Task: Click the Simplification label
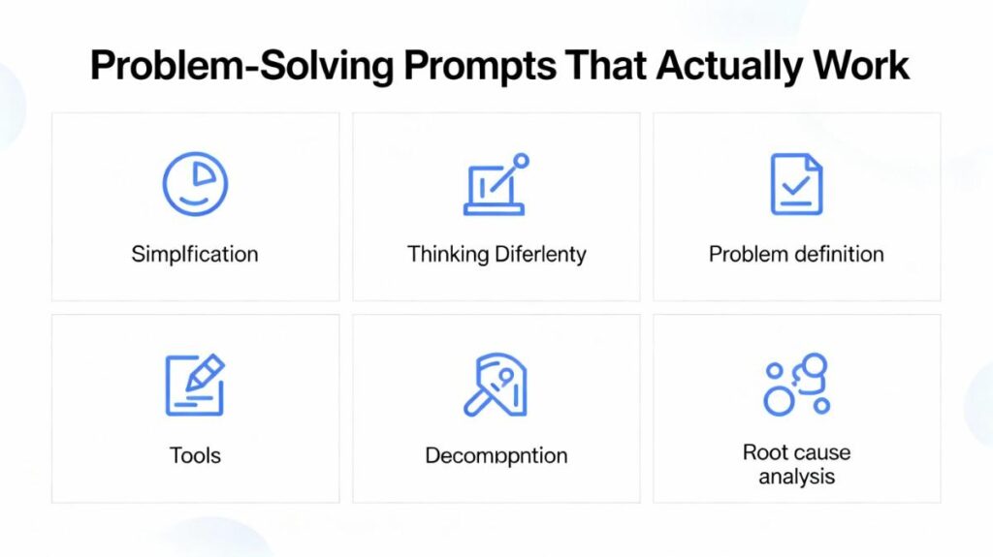195,255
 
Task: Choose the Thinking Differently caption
496,255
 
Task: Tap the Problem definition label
796,255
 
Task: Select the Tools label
195,455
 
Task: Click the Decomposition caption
496,455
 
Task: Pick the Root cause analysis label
796,464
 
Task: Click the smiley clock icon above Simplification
195,184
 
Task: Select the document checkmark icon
796,184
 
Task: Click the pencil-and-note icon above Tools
195,385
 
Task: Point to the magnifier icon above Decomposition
495,385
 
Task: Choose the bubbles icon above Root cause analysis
796,385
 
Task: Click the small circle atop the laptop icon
522,160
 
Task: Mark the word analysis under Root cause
796,476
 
